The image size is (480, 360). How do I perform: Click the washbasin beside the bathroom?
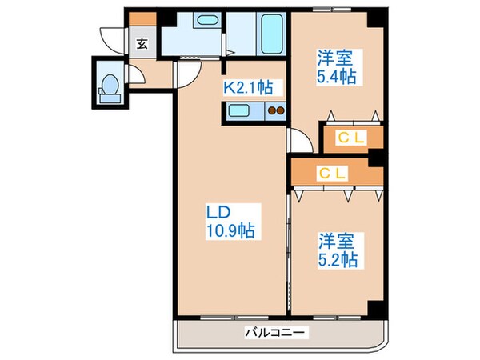(x=206, y=23)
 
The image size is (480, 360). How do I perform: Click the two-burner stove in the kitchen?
(x=276, y=111)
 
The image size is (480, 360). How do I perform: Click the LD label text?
(x=219, y=213)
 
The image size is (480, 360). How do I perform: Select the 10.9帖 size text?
(x=230, y=231)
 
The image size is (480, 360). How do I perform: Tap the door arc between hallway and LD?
(x=186, y=74)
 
